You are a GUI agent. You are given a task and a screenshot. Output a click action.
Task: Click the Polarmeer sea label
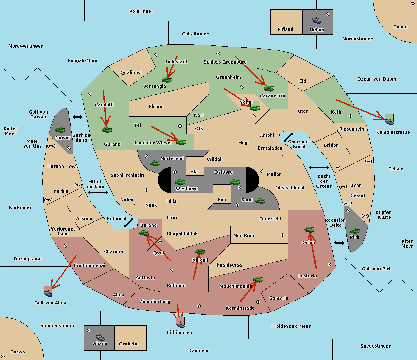coord(141,11)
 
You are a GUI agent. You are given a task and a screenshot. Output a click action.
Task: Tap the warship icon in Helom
coord(317,20)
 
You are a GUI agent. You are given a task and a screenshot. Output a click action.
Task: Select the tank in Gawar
coord(60,129)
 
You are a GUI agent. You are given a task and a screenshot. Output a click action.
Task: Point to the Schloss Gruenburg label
coord(225,62)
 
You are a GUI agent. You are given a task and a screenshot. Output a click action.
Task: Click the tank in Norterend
coord(155,163)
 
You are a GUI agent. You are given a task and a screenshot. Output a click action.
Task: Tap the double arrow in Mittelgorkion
coord(98,192)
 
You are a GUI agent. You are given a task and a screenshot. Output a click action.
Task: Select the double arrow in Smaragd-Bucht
coord(288,137)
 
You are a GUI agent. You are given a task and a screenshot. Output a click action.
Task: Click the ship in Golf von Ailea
coord(48,293)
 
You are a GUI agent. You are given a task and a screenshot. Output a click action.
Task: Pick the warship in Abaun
coord(100,337)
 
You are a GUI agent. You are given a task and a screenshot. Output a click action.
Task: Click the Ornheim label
coord(129,344)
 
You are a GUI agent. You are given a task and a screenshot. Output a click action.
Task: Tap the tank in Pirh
coord(354,231)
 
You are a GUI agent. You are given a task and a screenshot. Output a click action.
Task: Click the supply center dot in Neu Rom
coord(283,235)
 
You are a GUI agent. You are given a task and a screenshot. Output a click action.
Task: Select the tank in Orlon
coord(309,229)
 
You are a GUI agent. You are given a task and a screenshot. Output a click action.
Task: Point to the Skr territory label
coord(195,171)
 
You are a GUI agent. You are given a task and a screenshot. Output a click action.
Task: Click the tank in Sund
coord(260,201)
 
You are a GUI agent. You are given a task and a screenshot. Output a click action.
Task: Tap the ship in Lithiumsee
coord(180,325)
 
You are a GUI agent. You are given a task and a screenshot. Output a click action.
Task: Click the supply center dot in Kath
coord(350,116)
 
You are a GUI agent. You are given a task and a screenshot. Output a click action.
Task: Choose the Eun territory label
coord(222,199)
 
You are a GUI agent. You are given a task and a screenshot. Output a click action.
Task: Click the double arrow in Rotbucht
coord(129,223)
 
